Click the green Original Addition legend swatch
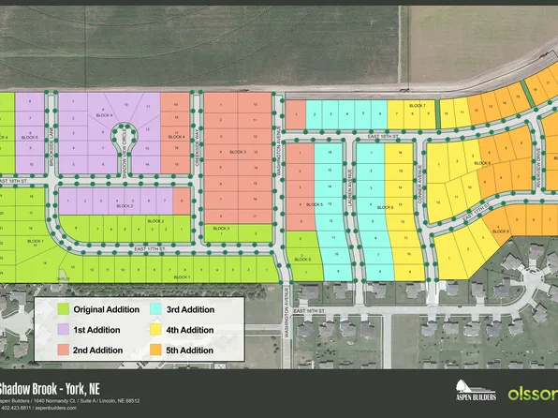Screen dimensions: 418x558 click(x=65, y=308)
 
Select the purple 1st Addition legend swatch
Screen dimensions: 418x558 click(x=65, y=330)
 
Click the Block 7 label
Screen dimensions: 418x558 click(x=418, y=106)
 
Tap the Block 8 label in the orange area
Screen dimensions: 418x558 click(x=482, y=163)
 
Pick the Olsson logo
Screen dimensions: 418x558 click(x=532, y=390)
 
